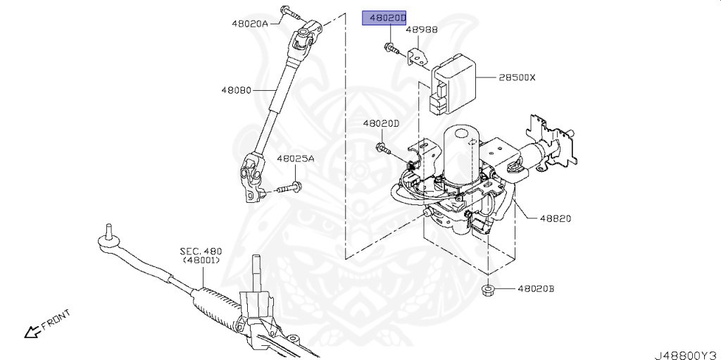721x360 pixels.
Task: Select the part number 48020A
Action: tap(250, 23)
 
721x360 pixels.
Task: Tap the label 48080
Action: tap(235, 90)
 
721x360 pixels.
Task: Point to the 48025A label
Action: tap(295, 159)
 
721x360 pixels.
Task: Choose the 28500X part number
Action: tap(517, 77)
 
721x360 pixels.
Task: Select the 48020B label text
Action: tap(536, 289)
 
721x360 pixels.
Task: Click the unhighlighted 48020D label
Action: tap(381, 123)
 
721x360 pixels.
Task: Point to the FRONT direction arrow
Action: tap(31, 330)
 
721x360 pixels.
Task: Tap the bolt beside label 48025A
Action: tap(286, 188)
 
